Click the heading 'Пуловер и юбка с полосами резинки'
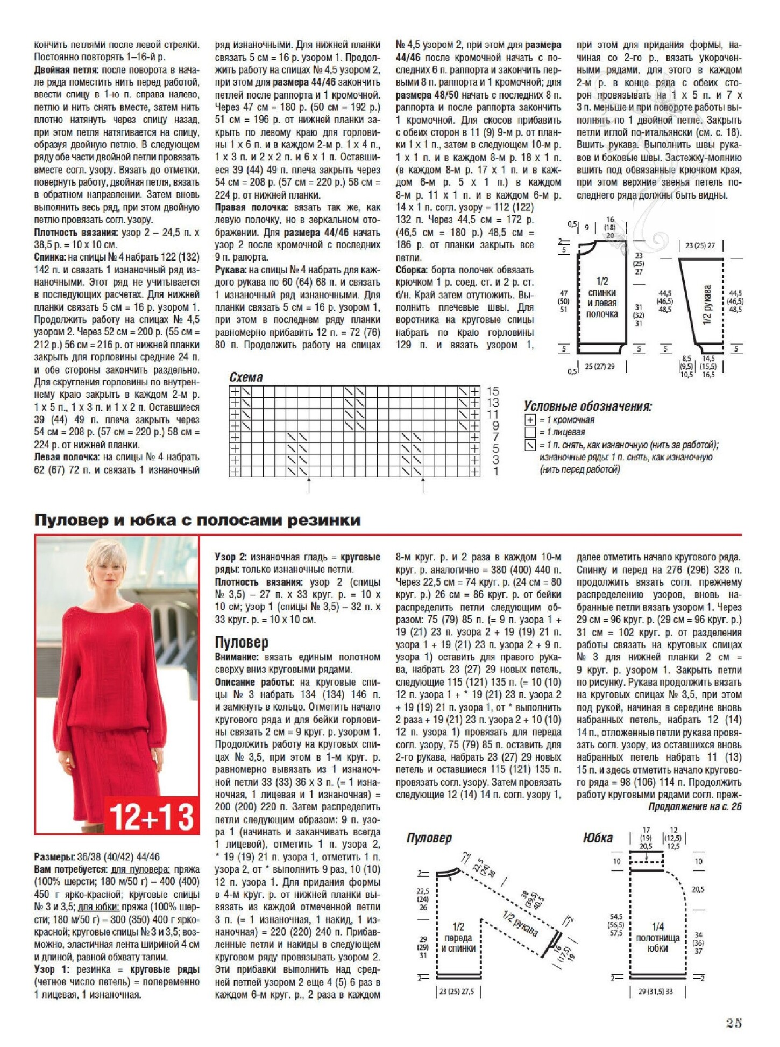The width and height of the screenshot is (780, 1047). coord(197,521)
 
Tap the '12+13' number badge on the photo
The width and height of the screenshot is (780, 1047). coord(151,817)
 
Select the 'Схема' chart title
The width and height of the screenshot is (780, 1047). coord(246,377)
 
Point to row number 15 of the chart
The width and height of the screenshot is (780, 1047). coord(493,391)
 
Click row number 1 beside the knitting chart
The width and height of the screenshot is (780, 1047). coord(495,472)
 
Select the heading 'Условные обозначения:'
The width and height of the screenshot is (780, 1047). coord(587,406)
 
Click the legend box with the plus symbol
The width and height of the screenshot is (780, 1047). coord(530,420)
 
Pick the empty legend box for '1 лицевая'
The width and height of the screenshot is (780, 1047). coord(530,432)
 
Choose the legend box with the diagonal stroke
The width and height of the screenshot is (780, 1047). coord(530,445)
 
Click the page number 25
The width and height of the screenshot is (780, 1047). coord(734,1023)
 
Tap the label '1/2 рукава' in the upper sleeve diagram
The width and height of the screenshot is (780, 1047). coord(707,304)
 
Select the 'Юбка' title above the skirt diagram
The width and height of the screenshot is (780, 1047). coord(598,838)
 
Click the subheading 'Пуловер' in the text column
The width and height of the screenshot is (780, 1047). coord(241,642)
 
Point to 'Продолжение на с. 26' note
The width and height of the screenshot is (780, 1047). coord(694,806)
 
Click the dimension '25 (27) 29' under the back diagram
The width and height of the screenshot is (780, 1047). coord(599,367)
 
